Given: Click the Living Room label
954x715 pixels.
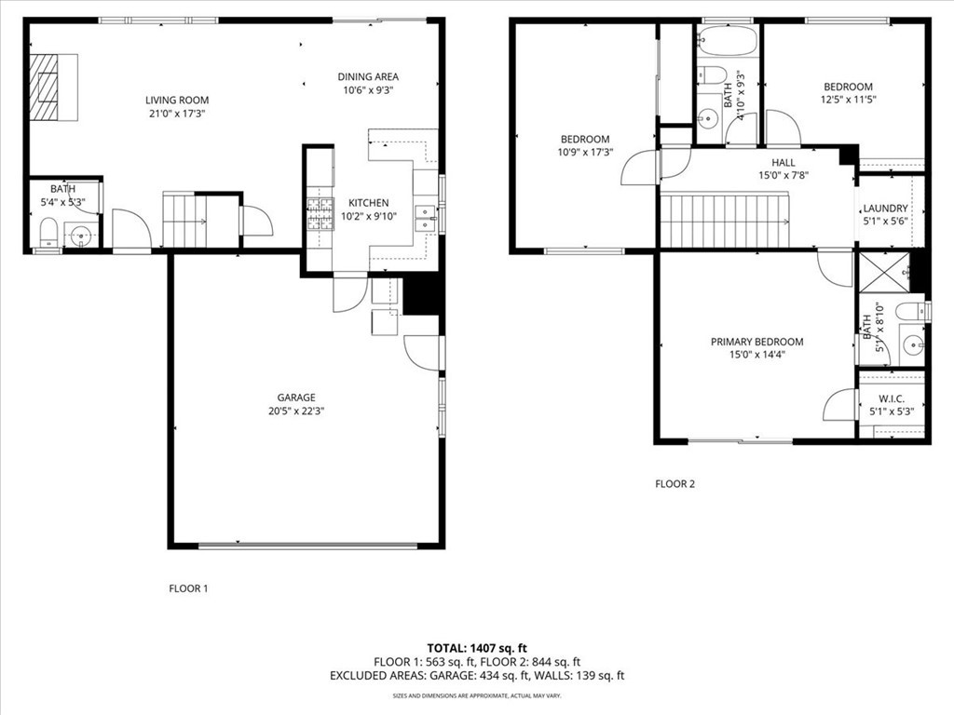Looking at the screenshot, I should click(177, 101).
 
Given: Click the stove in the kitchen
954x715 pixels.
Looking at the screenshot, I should click(320, 214).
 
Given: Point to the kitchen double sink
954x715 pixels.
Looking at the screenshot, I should click(425, 217).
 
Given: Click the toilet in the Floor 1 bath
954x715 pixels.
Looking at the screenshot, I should click(48, 233).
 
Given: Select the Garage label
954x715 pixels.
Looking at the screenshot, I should click(295, 398).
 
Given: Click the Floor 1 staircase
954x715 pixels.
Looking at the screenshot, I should click(184, 221).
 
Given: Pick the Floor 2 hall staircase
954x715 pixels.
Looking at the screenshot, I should click(724, 222).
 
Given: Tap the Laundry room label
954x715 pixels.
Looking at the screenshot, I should click(885, 209).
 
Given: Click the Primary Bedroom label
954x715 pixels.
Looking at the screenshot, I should click(756, 342).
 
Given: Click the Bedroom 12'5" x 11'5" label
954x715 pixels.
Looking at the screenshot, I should click(847, 87).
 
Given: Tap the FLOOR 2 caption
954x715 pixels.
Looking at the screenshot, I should click(675, 484).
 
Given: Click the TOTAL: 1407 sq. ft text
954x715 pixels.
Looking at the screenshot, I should click(477, 647).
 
